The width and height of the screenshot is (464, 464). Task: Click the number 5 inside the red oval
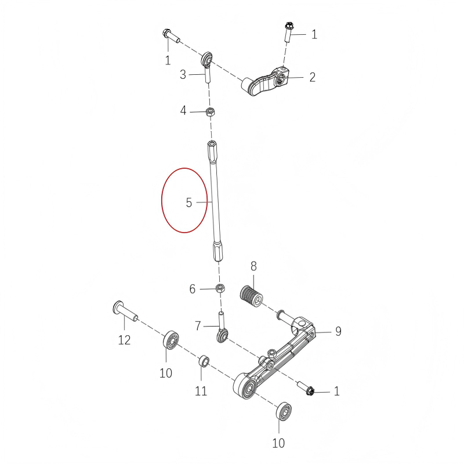pyautogui.click(x=188, y=202)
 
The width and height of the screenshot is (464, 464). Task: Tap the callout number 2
pyautogui.click(x=312, y=77)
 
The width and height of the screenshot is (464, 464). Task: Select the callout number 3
pyautogui.click(x=183, y=74)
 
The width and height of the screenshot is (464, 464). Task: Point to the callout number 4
pyautogui.click(x=183, y=110)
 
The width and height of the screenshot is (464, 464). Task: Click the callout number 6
pyautogui.click(x=193, y=289)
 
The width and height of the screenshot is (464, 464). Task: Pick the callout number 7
pyautogui.click(x=198, y=327)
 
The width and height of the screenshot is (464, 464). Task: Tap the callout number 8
pyautogui.click(x=253, y=267)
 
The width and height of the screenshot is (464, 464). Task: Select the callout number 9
pyautogui.click(x=338, y=331)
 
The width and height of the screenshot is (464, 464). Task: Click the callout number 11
pyautogui.click(x=201, y=391)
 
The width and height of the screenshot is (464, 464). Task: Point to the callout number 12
pyautogui.click(x=125, y=340)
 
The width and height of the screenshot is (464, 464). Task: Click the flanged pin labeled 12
pyautogui.click(x=124, y=310)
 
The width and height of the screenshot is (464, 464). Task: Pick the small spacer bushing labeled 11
pyautogui.click(x=204, y=362)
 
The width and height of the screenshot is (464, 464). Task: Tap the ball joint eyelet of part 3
pyautogui.click(x=206, y=59)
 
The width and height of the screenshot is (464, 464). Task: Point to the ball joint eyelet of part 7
pyautogui.click(x=222, y=336)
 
